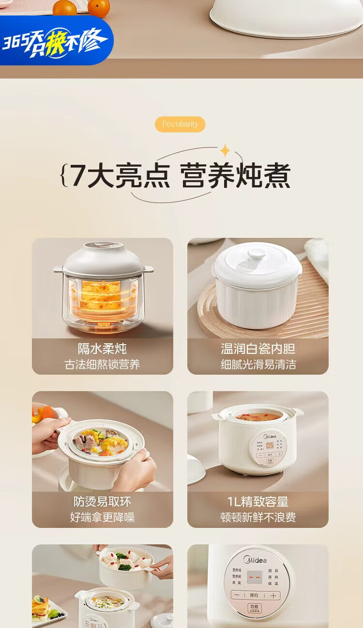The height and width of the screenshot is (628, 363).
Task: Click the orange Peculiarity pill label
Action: [180, 124]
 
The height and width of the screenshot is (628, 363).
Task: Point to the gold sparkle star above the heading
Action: [225, 151]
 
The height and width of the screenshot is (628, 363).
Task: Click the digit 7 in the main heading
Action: [78, 176]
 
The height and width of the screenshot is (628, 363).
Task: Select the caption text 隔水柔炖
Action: [102, 349]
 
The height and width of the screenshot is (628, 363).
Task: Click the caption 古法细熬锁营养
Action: [102, 365]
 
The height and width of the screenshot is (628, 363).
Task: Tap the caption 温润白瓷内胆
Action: [258, 349]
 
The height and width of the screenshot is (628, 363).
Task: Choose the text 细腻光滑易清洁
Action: [258, 365]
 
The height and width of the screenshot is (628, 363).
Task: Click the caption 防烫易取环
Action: [102, 502]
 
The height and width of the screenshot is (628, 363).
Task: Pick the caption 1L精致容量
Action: [258, 502]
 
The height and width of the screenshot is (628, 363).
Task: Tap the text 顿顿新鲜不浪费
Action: [258, 517]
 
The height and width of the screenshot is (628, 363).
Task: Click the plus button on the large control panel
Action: [273, 596]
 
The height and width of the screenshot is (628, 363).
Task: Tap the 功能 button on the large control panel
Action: [254, 608]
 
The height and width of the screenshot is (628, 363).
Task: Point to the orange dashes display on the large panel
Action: [255, 577]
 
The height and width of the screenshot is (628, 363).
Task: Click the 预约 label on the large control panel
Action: [254, 596]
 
